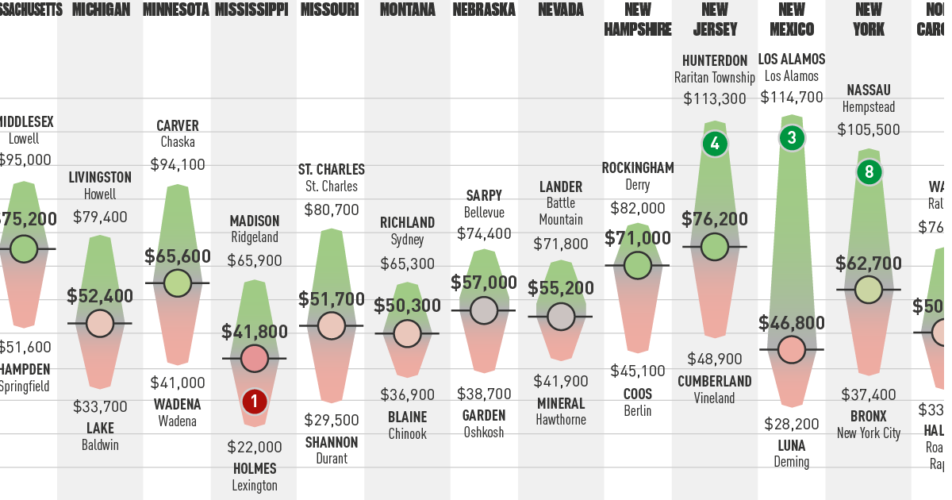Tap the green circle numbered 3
click(791, 138)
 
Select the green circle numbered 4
click(715, 144)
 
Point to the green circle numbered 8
click(869, 171)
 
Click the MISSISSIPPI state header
click(251, 10)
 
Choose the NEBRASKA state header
click(484, 10)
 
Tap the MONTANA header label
click(407, 10)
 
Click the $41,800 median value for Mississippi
click(255, 333)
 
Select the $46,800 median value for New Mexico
click(792, 323)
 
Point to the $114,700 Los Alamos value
click(792, 98)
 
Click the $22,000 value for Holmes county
click(255, 447)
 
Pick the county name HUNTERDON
click(715, 60)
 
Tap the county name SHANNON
click(332, 442)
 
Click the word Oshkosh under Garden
click(484, 433)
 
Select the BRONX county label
click(869, 417)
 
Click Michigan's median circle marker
click(100, 323)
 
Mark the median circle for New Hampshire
click(638, 265)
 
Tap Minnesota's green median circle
click(177, 283)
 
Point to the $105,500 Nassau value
click(869, 129)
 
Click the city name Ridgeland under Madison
click(255, 237)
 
